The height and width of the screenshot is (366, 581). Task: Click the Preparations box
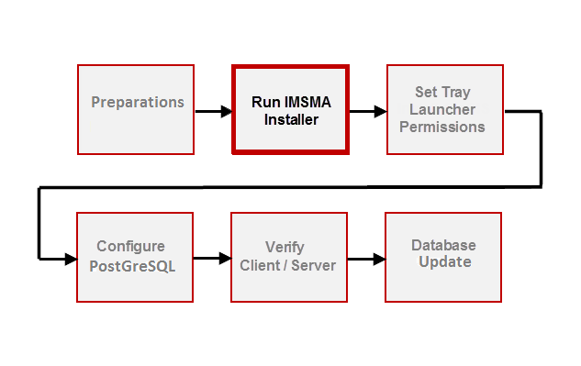(136, 109)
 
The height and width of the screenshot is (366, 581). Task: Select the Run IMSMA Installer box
(291, 109)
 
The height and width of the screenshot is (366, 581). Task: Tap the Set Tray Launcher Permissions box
(444, 109)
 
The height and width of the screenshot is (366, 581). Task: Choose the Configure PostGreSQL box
(136, 257)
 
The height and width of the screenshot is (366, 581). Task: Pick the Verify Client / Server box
(288, 257)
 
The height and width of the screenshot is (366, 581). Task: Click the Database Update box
(443, 257)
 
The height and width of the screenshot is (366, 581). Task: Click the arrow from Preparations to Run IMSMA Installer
(213, 113)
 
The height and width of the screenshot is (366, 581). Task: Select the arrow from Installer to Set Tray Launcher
(367, 112)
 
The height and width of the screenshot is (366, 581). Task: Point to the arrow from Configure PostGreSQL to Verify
(212, 259)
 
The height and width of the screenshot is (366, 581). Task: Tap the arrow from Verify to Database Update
(366, 259)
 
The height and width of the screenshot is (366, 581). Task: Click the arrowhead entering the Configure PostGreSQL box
(70, 260)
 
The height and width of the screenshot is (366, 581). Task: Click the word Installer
(291, 119)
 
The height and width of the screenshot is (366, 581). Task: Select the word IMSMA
(304, 102)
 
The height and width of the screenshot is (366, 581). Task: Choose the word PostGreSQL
(131, 265)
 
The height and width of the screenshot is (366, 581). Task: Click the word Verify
(285, 248)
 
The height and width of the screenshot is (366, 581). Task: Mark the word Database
(443, 245)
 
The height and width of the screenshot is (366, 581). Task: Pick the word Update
(444, 262)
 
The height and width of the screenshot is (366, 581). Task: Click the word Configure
(131, 247)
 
